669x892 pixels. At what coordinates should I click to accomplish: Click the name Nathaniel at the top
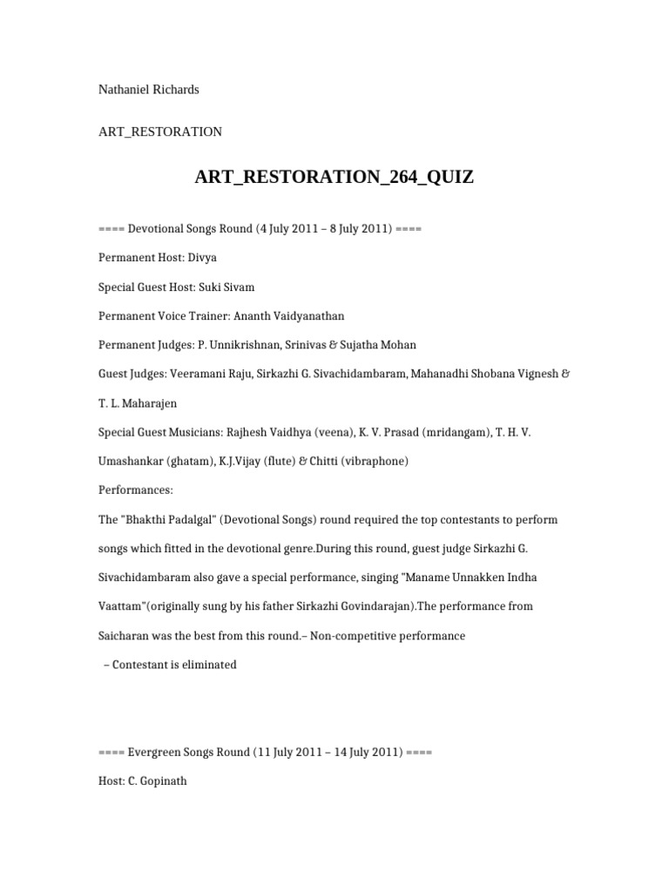pos(125,90)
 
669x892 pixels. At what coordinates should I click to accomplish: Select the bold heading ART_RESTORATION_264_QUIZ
pos(334,178)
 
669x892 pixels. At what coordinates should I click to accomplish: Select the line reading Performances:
pos(136,490)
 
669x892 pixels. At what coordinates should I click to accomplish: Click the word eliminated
pos(207,665)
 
